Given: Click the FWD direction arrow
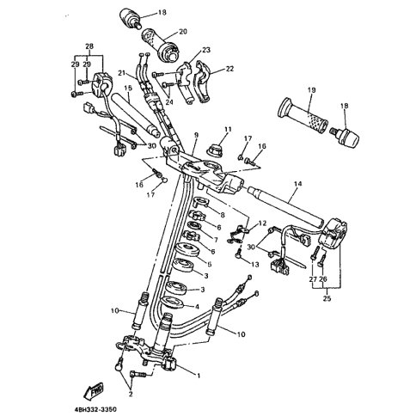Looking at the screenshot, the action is [94, 390].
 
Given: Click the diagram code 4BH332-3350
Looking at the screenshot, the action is [95, 409].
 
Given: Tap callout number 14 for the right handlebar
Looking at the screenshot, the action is [297, 184].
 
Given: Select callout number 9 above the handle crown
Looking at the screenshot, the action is [196, 135].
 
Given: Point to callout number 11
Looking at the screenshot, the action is [228, 129].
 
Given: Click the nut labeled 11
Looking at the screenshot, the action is [215, 150].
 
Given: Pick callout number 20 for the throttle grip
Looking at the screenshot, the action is [183, 31].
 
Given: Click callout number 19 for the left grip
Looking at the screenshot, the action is [312, 90].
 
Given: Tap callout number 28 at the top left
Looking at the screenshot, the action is [89, 46].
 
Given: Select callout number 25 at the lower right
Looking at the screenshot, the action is [327, 298].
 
